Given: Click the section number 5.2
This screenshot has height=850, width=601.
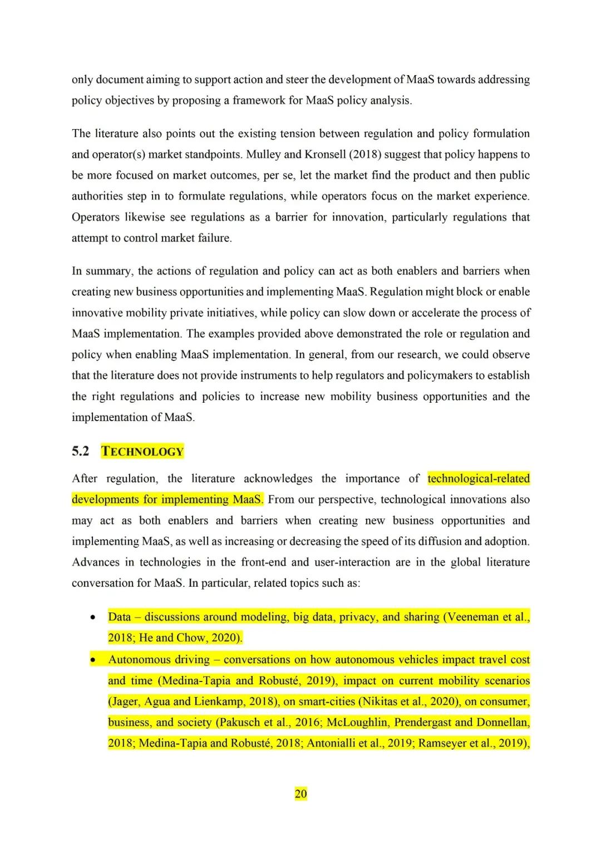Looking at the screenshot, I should coord(80,451).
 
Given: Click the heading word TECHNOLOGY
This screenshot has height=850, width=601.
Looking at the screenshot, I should coord(142,451).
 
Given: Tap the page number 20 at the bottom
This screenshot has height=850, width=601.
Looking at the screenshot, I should coord(300,794).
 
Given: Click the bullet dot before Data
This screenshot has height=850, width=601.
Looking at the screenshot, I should coord(93,617).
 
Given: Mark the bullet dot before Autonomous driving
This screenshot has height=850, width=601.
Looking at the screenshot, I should coord(93,660).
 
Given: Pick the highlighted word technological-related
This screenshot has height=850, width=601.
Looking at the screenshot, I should coord(479,478).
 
